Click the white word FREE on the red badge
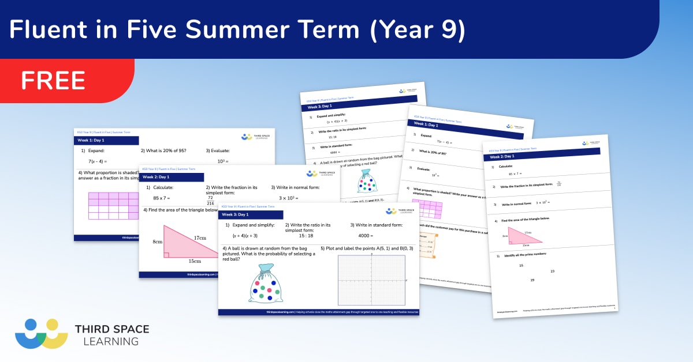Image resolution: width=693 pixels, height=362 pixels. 53,80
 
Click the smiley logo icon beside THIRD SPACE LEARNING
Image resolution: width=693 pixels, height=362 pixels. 41,333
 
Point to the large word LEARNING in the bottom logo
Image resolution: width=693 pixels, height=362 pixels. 107,341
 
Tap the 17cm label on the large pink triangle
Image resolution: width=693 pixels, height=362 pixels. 200,237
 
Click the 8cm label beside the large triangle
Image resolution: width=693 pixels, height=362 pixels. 157,242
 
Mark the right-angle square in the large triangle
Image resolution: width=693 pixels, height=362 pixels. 167,254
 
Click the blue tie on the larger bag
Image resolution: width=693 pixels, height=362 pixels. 266,268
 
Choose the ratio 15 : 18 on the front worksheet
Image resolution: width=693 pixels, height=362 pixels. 306,236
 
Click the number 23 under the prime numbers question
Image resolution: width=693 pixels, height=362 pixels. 552,271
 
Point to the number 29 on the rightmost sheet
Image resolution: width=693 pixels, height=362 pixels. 532,280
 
